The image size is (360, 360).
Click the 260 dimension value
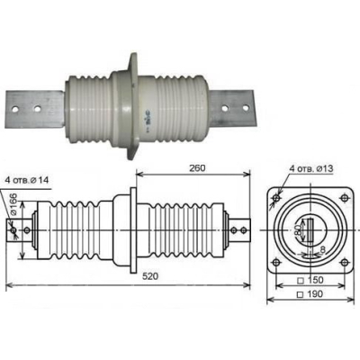(x=197, y=168)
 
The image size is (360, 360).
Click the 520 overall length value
(x=150, y=276)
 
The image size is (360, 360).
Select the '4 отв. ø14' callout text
(x=27, y=181)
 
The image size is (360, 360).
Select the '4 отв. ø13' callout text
(x=311, y=169)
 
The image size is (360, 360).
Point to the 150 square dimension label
(x=310, y=280)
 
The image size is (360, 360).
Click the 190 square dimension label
(x=310, y=293)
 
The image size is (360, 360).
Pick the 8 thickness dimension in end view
(x=323, y=248)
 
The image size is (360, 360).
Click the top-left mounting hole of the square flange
(x=276, y=198)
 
